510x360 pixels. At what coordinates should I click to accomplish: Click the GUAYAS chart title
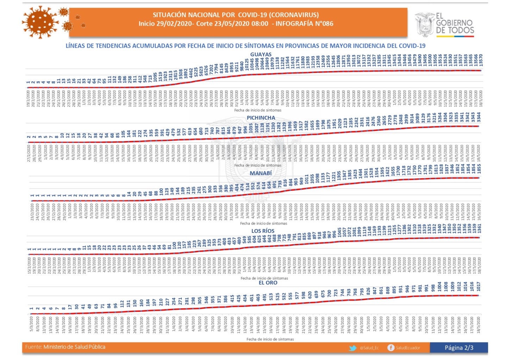(261, 55)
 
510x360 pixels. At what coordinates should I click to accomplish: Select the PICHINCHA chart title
(261, 118)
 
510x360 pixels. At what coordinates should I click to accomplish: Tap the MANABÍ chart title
(261, 173)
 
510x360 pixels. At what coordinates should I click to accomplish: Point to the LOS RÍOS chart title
(263, 231)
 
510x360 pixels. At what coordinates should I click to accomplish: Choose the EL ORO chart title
(268, 283)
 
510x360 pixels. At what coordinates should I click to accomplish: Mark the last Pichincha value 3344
(479, 117)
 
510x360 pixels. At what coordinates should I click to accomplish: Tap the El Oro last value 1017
(478, 286)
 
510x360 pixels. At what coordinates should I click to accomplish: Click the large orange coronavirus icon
(40, 22)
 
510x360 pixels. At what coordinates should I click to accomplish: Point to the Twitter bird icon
(353, 348)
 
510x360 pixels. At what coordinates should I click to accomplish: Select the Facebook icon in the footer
(391, 348)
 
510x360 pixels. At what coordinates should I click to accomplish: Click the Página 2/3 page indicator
(459, 348)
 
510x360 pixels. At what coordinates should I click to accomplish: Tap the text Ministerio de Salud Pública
(74, 347)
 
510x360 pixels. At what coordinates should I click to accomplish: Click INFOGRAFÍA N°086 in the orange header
(304, 24)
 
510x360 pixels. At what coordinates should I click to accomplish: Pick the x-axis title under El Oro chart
(270, 339)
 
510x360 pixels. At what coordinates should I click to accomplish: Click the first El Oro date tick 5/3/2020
(32, 323)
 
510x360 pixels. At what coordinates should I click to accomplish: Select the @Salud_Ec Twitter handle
(369, 348)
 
